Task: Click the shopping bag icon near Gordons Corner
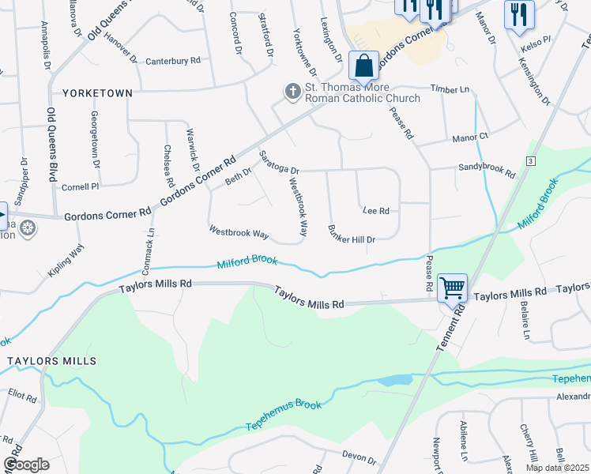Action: coord(363,65)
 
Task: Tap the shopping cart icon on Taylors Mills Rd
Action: coord(451,288)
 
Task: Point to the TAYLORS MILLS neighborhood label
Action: coord(52,361)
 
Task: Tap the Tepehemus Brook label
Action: coord(284,415)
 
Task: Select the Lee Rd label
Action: coord(375,211)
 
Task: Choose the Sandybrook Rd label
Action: coord(487,168)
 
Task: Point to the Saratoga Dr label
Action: coord(280,162)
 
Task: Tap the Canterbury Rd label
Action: coord(173,61)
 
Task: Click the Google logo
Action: coord(26,465)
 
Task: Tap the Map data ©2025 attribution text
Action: coord(558,468)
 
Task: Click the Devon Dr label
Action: coord(359,456)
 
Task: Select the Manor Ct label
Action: coord(470,137)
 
